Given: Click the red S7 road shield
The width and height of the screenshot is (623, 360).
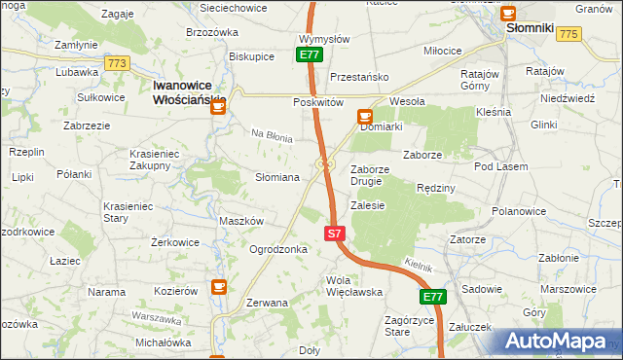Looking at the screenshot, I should click(x=334, y=234).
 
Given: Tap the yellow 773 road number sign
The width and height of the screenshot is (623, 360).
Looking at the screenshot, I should click(x=118, y=63).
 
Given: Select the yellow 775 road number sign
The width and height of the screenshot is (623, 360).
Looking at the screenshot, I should click(x=569, y=34).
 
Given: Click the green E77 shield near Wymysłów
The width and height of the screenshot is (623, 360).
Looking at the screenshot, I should click(x=310, y=55).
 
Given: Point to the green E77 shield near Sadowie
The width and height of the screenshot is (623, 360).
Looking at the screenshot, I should click(x=433, y=297).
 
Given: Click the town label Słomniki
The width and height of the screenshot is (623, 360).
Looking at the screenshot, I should click(x=530, y=29).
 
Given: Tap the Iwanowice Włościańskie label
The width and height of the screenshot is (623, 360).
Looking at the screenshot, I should click(x=190, y=92).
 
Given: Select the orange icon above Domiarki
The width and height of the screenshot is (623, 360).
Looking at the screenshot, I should click(x=364, y=117).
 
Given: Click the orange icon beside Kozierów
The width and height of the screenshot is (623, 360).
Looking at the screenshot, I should click(x=219, y=288).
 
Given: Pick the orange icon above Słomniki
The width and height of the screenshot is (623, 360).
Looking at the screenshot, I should click(x=507, y=12).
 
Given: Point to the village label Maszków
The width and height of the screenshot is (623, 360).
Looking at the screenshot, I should click(x=241, y=221).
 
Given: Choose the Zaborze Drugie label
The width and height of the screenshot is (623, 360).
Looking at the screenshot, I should click(x=370, y=175).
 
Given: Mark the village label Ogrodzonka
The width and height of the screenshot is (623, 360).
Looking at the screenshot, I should click(x=278, y=249).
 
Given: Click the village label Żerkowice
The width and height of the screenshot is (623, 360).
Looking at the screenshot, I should click(x=175, y=242).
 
